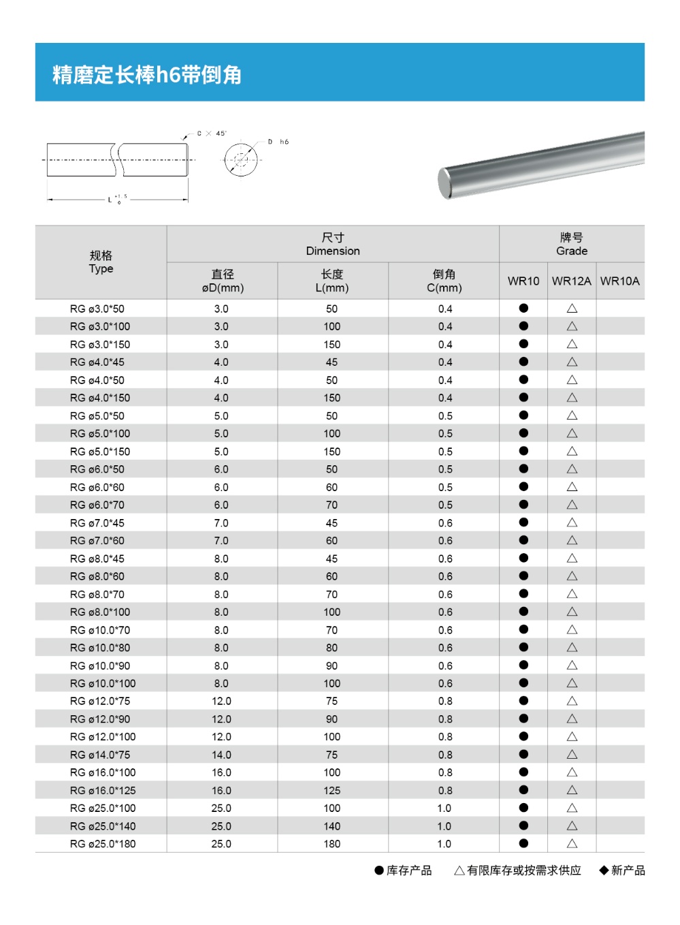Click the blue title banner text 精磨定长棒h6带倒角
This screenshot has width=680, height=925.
[x=147, y=74]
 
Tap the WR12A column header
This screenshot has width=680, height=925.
[x=571, y=281]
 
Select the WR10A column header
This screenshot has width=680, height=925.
[x=619, y=281]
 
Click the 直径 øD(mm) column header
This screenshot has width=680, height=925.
[x=223, y=281]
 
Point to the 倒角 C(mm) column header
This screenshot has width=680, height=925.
[x=444, y=281]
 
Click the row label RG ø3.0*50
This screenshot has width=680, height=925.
[x=97, y=309]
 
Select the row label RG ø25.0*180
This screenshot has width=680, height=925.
[x=103, y=844]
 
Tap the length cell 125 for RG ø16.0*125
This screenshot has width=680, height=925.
[x=332, y=790]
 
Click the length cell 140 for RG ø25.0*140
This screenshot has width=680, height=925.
[x=332, y=826]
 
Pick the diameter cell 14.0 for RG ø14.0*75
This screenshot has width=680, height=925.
[x=221, y=755]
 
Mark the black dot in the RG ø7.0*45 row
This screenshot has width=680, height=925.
[x=523, y=522]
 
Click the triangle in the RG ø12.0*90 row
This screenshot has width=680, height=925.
[x=572, y=719]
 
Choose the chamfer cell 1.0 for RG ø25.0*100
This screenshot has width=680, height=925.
[x=444, y=808]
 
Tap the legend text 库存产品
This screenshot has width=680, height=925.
[x=409, y=871]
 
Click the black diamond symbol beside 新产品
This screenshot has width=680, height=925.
[x=604, y=871]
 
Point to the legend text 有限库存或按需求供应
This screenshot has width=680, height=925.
[x=523, y=871]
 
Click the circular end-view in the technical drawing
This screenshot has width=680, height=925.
[x=241, y=160]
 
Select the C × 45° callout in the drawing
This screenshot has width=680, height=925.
[x=211, y=134]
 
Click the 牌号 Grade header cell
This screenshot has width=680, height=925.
[x=571, y=244]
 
